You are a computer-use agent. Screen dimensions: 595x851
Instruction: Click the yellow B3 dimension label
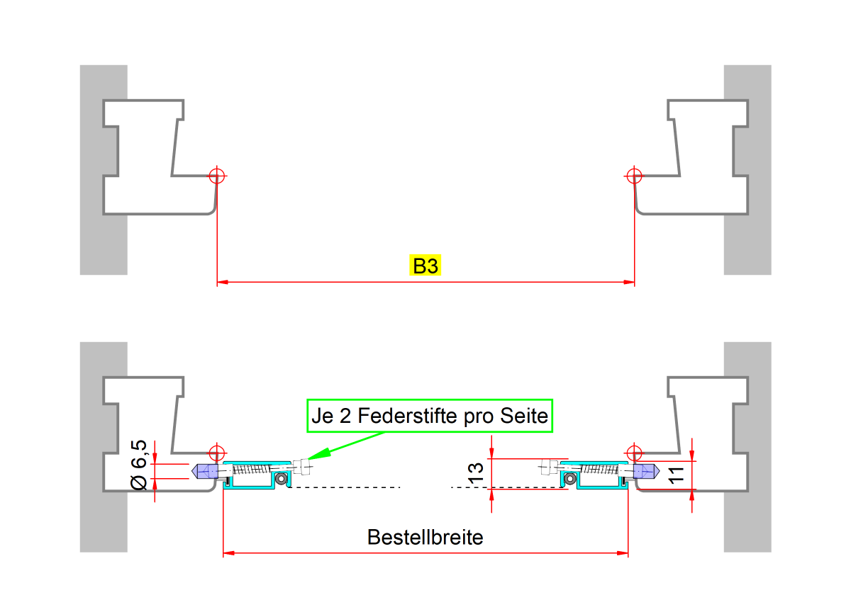[425, 266]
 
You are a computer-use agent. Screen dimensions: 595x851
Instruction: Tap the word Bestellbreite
[425, 537]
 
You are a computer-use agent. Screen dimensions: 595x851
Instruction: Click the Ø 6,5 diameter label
[140, 464]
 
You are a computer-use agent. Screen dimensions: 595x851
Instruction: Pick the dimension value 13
[477, 472]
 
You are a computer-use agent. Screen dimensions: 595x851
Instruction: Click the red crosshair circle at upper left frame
[216, 176]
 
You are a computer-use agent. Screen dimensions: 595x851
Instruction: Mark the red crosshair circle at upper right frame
[634, 176]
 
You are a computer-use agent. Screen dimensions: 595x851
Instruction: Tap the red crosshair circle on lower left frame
[216, 453]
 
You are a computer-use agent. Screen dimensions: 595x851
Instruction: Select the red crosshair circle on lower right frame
[634, 453]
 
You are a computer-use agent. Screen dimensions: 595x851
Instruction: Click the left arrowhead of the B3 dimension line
[221, 283]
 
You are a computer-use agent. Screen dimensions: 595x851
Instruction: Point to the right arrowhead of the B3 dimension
[629, 283]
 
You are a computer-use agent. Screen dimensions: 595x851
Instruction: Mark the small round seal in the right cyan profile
[569, 480]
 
